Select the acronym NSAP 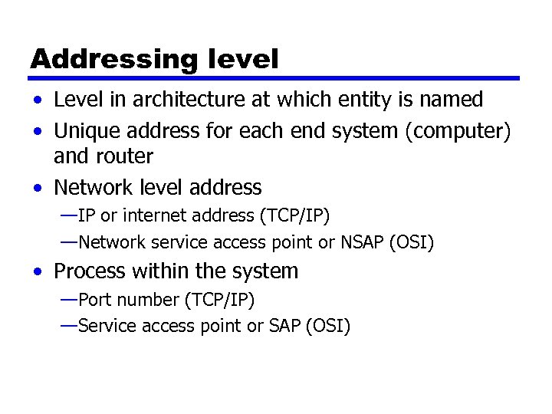(x=357, y=244)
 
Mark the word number (x=143, y=299)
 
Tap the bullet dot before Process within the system (x=38, y=272)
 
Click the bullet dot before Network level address (x=38, y=188)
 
